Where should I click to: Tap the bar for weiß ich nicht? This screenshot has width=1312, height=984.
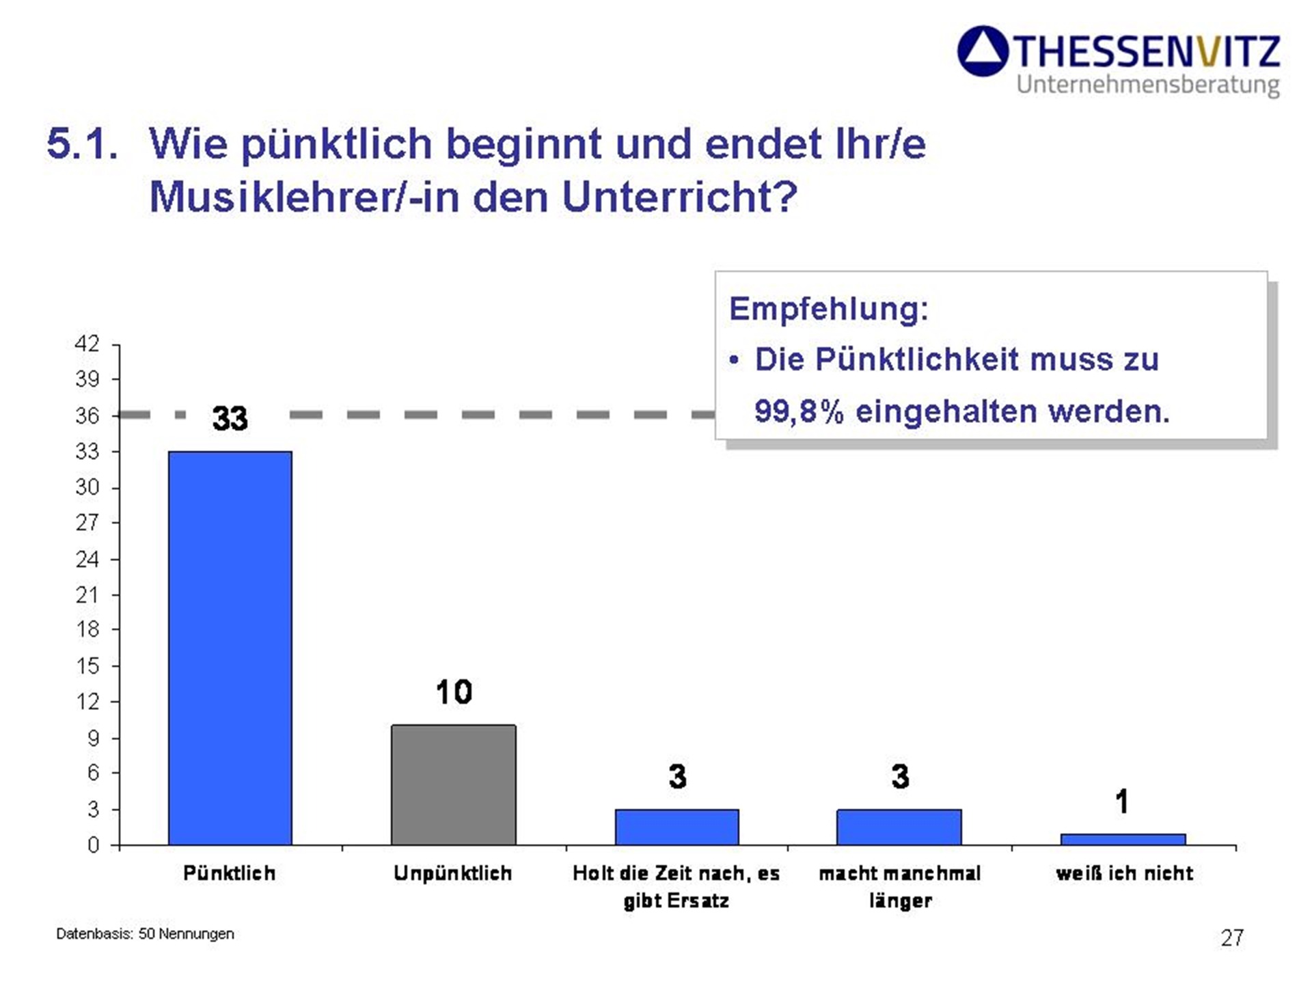pos(1123,839)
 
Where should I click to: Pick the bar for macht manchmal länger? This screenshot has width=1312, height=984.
pos(899,827)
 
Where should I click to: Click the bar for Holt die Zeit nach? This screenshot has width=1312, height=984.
pos(676,827)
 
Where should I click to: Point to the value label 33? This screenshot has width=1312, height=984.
pos(230,418)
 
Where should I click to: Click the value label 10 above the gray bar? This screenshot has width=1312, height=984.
pos(454,692)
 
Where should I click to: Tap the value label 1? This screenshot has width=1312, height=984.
pos(1121,802)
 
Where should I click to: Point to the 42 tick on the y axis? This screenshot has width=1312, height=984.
pos(87,343)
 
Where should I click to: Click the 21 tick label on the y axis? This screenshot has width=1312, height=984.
pos(87,595)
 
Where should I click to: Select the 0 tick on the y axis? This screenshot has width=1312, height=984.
pos(93,845)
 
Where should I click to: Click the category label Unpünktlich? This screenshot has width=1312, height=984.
pos(452,873)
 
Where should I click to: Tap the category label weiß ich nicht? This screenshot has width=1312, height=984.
pos(1124,873)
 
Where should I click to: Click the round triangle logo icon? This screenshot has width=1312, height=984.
pos(983,51)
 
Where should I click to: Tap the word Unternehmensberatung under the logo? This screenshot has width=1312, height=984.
pos(1147,85)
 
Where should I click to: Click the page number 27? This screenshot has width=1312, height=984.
pos(1232,938)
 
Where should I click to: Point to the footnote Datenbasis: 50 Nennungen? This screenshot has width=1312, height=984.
pos(145,933)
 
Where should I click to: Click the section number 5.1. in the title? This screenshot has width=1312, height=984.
pos(82,144)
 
